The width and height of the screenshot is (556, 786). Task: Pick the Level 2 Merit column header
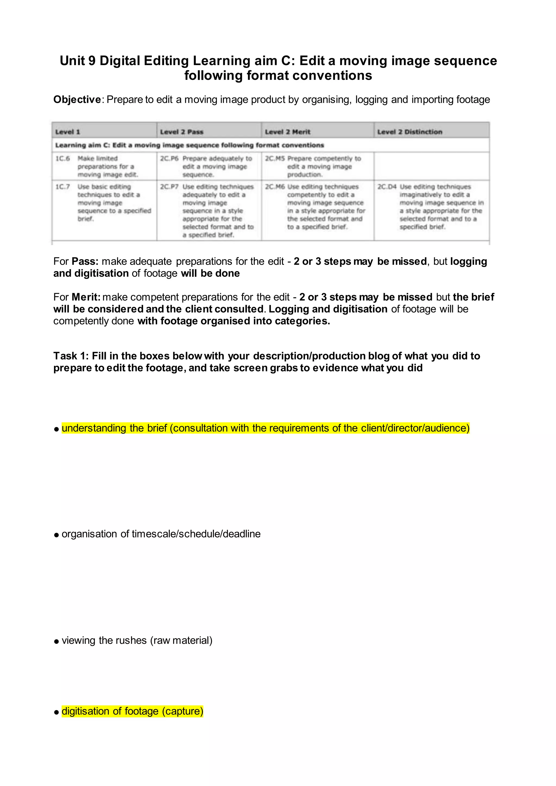click(287, 132)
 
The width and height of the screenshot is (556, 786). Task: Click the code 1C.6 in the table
click(63, 159)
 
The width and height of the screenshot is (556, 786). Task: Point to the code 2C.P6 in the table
click(169, 159)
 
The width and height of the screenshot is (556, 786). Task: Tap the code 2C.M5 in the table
click(274, 159)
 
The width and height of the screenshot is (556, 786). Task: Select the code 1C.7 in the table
click(63, 186)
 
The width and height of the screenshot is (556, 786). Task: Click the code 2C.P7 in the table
click(169, 186)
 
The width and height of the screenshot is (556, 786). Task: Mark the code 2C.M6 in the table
click(274, 186)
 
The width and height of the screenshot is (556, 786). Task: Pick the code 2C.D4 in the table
click(387, 186)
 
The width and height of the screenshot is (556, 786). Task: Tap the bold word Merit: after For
click(86, 297)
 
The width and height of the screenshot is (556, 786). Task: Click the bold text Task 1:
click(71, 356)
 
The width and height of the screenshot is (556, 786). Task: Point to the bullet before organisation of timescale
click(56, 535)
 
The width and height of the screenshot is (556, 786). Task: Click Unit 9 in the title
click(77, 61)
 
